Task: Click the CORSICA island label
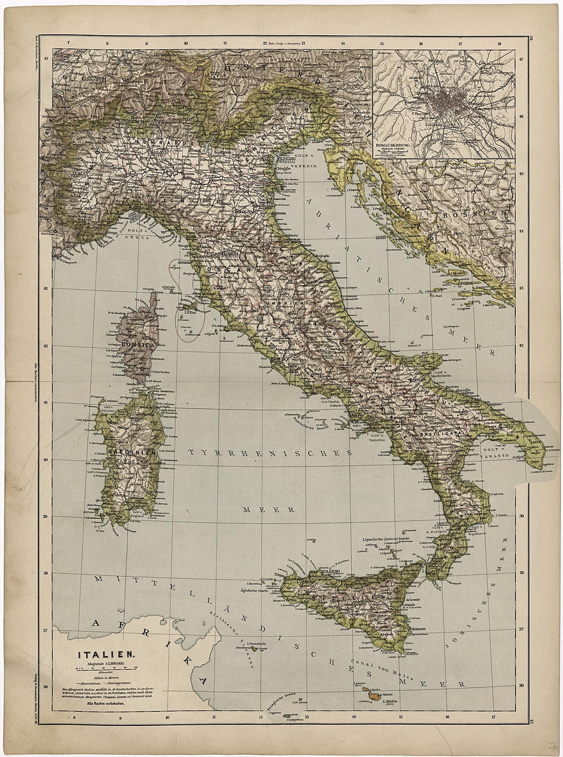136,345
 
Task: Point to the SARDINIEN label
135,452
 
